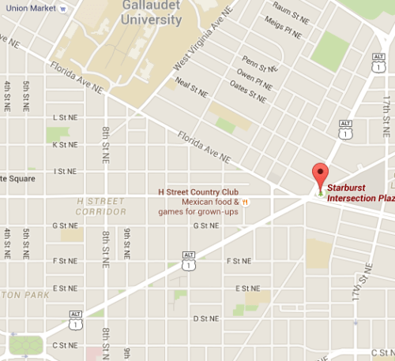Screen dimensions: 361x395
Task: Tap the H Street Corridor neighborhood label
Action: (x=101, y=207)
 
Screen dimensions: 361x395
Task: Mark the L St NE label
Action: (x=66, y=117)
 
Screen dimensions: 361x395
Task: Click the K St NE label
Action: (x=65, y=144)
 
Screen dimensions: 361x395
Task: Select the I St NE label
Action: (x=65, y=171)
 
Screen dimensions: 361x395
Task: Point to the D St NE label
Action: (x=206, y=318)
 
